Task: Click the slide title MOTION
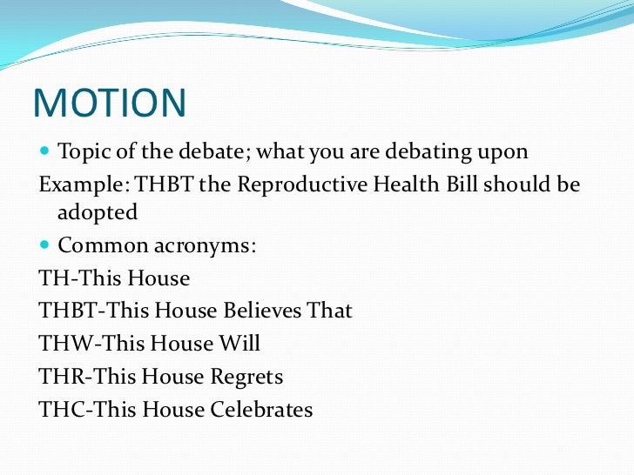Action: pyautogui.click(x=110, y=104)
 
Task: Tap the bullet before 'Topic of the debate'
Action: pyautogui.click(x=45, y=153)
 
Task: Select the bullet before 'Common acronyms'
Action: pyautogui.click(x=45, y=247)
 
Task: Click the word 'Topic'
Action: pyautogui.click(x=82, y=152)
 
